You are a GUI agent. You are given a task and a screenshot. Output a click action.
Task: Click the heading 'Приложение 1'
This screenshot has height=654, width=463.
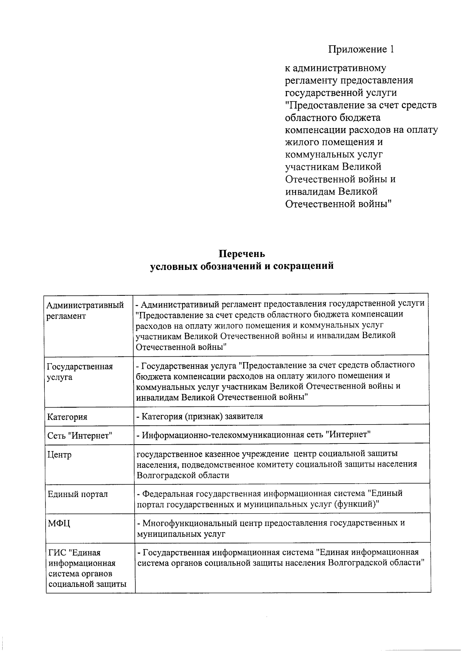pyautogui.click(x=361, y=49)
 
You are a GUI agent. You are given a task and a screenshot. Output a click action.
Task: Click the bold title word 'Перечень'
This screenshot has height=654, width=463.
pyautogui.click(x=242, y=254)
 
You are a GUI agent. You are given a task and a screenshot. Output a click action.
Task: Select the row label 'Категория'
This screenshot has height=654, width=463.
pyautogui.click(x=67, y=417)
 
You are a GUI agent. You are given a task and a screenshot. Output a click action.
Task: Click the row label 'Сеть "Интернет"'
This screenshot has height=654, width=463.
pyautogui.click(x=79, y=436)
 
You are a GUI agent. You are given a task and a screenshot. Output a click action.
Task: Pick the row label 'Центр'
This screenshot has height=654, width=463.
pyautogui.click(x=59, y=455)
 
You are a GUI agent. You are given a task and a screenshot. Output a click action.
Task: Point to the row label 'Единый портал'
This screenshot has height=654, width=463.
pyautogui.click(x=78, y=494)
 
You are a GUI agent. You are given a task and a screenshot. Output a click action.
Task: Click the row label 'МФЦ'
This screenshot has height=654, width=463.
pyautogui.click(x=59, y=524)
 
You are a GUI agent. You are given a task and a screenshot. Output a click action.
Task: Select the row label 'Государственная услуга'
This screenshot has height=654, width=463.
pyautogui.click(x=79, y=372)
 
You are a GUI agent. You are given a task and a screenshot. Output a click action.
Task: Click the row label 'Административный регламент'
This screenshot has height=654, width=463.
pyautogui.click(x=85, y=310)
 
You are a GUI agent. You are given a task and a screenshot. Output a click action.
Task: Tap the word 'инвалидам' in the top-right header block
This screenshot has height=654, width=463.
pyautogui.click(x=310, y=191)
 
